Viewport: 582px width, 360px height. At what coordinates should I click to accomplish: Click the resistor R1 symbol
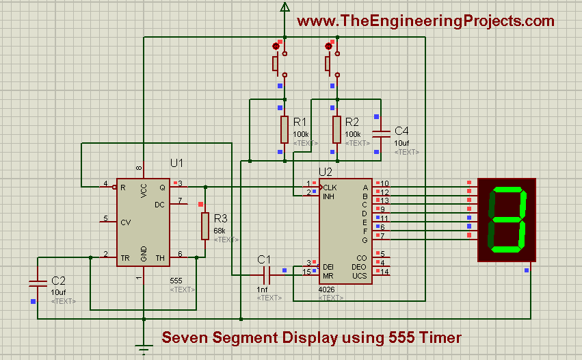[285, 129]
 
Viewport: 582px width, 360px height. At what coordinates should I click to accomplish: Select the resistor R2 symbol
[336, 129]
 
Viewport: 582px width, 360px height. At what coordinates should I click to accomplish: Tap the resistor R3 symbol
[204, 226]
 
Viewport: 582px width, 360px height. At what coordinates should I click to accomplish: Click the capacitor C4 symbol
[381, 132]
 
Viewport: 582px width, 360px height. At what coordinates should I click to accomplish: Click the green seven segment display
[507, 218]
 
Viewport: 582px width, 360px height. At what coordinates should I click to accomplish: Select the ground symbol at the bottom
[144, 350]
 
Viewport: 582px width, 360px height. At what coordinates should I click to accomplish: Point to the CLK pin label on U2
[330, 187]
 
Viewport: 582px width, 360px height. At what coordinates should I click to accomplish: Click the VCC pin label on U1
[144, 191]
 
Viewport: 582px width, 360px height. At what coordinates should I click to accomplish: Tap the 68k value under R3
[220, 231]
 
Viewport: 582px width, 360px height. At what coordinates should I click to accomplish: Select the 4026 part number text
[326, 290]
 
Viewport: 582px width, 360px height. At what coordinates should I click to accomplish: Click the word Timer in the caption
[438, 337]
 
